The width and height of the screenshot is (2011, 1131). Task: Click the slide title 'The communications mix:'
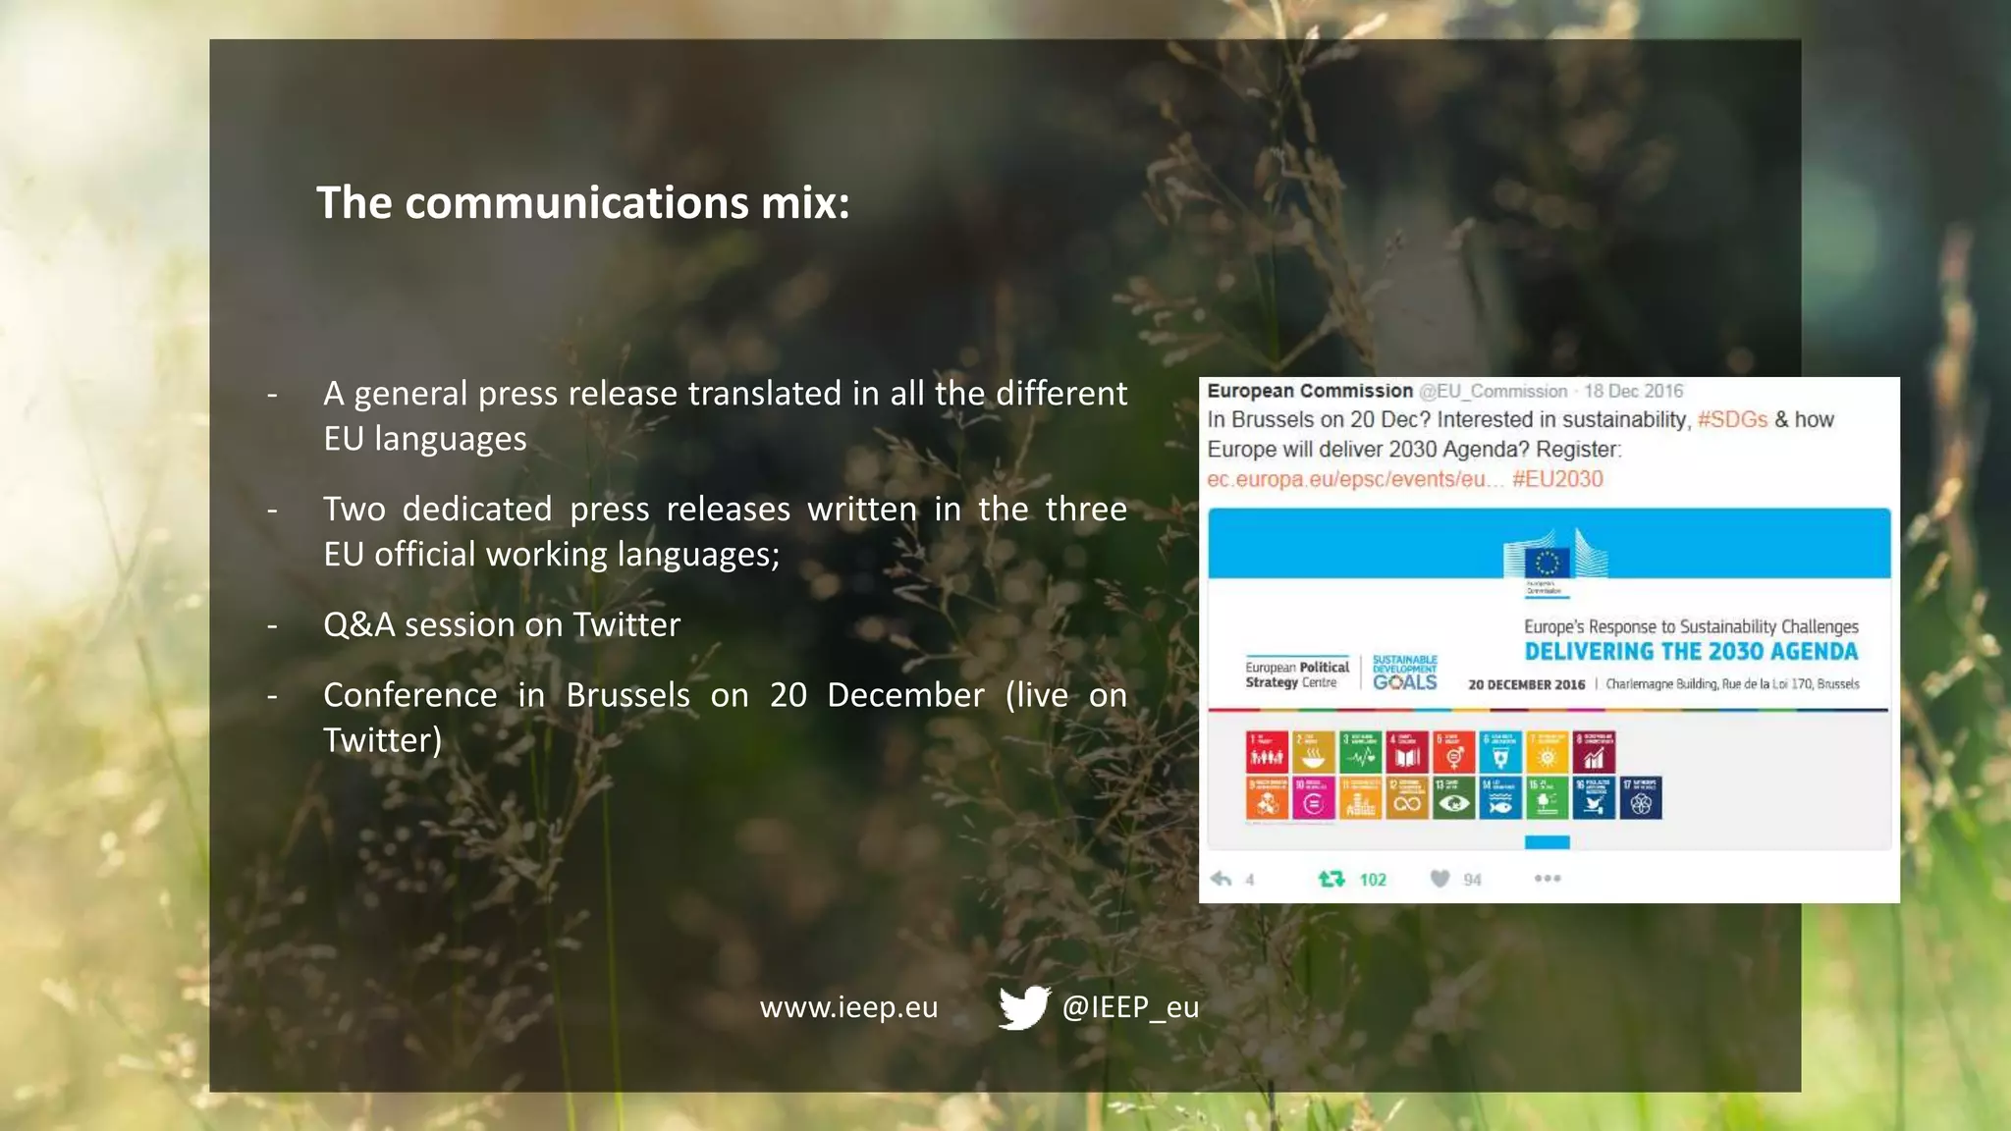point(582,203)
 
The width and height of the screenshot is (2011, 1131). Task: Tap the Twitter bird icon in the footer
point(1024,1007)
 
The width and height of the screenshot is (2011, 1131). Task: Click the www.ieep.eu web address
point(848,1007)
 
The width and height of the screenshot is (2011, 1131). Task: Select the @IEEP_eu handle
point(1130,1007)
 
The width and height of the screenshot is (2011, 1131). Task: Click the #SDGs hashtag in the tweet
point(1732,420)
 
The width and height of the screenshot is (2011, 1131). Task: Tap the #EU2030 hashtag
point(1557,479)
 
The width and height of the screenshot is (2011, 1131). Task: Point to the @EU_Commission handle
point(1493,392)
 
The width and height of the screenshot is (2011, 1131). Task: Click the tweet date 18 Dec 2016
point(1634,392)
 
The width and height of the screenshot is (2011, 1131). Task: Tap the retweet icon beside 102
point(1332,879)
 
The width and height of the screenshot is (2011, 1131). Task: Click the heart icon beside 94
point(1440,879)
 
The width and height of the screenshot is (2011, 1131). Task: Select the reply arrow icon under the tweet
point(1222,879)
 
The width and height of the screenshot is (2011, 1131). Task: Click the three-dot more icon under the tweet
point(1548,879)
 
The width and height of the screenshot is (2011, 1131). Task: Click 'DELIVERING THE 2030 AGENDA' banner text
point(1691,652)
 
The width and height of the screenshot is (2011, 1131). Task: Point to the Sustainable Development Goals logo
point(1404,673)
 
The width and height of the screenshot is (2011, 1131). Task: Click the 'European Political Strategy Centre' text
point(1296,674)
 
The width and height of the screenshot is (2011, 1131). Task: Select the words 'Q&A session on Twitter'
point(502,625)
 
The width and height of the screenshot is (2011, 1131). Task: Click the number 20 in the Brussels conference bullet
point(788,695)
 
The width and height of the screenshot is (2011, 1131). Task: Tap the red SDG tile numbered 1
point(1267,752)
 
